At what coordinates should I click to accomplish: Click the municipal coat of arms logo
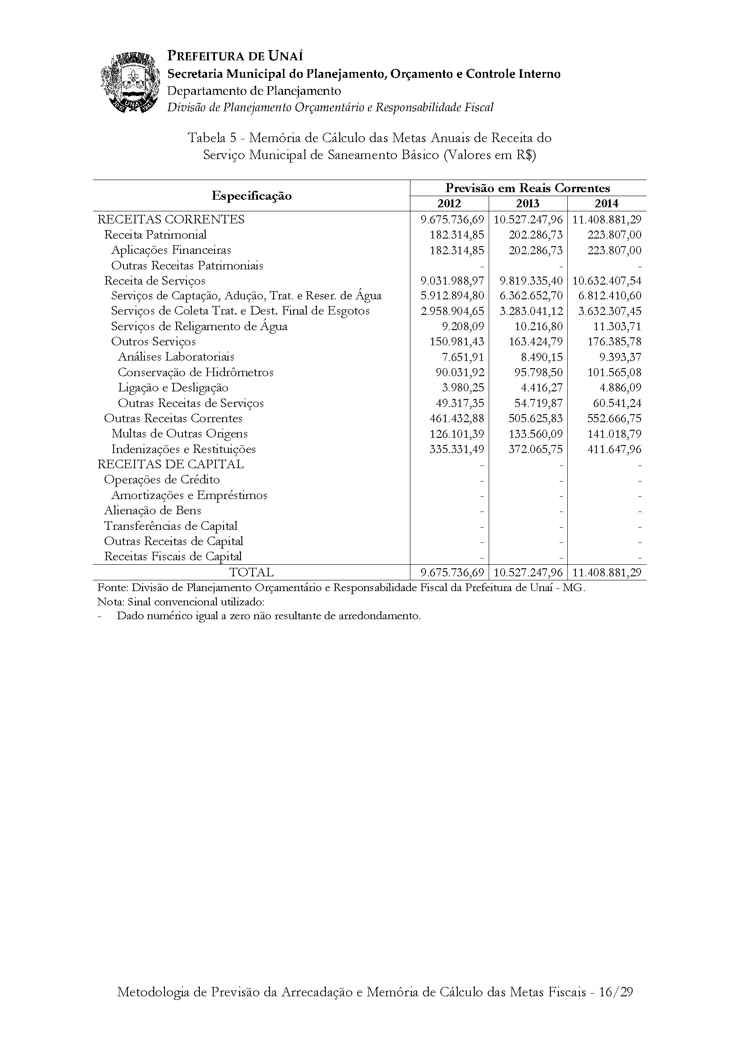click(130, 83)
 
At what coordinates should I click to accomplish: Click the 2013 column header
click(528, 203)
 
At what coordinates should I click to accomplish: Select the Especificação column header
click(251, 196)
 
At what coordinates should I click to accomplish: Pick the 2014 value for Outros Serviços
click(614, 341)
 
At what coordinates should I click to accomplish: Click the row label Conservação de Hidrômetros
click(196, 372)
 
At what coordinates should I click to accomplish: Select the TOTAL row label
click(251, 573)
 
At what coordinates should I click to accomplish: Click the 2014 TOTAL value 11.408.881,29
click(607, 573)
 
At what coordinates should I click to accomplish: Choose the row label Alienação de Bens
click(152, 511)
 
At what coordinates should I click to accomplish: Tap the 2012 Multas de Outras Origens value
click(457, 434)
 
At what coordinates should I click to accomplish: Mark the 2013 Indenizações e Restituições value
click(536, 449)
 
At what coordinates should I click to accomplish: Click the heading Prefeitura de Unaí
click(235, 56)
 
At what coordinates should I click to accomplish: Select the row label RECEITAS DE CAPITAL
click(171, 464)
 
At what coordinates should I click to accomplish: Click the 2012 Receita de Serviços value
click(452, 281)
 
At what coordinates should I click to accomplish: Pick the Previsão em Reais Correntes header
click(528, 188)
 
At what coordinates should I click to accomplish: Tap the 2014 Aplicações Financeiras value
click(614, 250)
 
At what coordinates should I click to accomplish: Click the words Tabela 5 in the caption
click(212, 138)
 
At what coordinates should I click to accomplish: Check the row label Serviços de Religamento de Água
click(199, 326)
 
